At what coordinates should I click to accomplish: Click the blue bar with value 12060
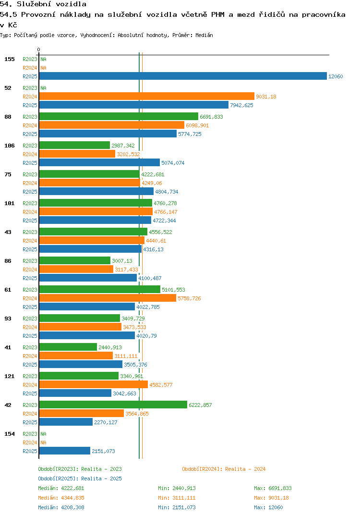pyautogui.click(x=182, y=76)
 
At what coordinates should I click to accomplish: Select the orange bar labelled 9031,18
pyautogui.click(x=146, y=96)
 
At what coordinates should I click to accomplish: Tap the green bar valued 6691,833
pyautogui.click(x=118, y=116)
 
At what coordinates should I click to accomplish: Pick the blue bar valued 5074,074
pyautogui.click(x=99, y=162)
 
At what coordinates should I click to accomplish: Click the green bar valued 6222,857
pyautogui.click(x=113, y=405)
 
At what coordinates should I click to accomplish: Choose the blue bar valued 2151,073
pyautogui.click(x=64, y=451)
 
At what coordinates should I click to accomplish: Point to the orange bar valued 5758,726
pyautogui.click(x=108, y=298)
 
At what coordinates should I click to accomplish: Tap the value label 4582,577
pyautogui.click(x=161, y=385)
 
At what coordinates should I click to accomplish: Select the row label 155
pyautogui.click(x=10, y=59)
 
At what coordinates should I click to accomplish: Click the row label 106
pyautogui.click(x=10, y=146)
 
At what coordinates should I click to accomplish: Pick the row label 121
pyautogui.click(x=10, y=376)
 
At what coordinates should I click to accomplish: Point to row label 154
pyautogui.click(x=10, y=434)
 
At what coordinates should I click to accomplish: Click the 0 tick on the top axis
pyautogui.click(x=38, y=49)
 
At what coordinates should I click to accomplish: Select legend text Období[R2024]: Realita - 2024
pyautogui.click(x=224, y=469)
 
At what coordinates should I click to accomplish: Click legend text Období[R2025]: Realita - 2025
pyautogui.click(x=80, y=479)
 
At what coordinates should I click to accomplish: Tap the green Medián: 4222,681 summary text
pyautogui.click(x=61, y=488)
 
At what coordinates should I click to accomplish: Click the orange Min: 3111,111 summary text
pyautogui.click(x=177, y=498)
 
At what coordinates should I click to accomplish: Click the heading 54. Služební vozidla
pyautogui.click(x=43, y=4)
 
